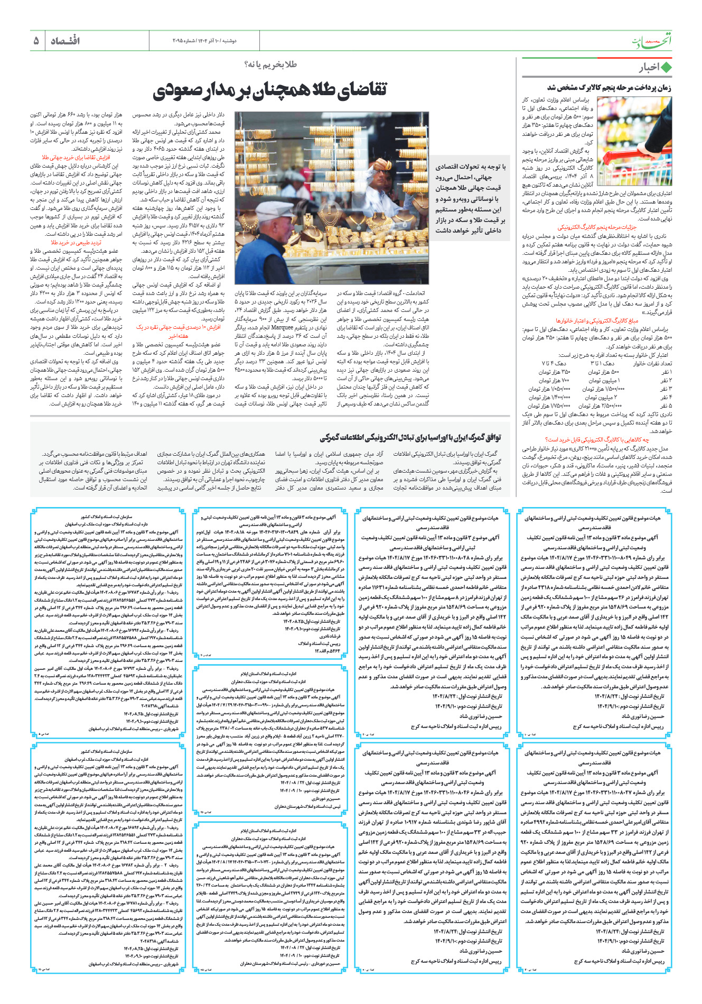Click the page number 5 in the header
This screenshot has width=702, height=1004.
pos(36,41)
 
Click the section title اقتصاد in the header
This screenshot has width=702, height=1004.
pos(65,41)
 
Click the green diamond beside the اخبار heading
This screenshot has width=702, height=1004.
pos(666,68)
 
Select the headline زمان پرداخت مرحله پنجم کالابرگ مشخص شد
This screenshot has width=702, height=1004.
pos(609,88)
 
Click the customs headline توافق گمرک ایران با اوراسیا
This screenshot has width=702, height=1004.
pos(410,437)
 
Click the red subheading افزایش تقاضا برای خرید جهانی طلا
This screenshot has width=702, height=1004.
pos(76,158)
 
